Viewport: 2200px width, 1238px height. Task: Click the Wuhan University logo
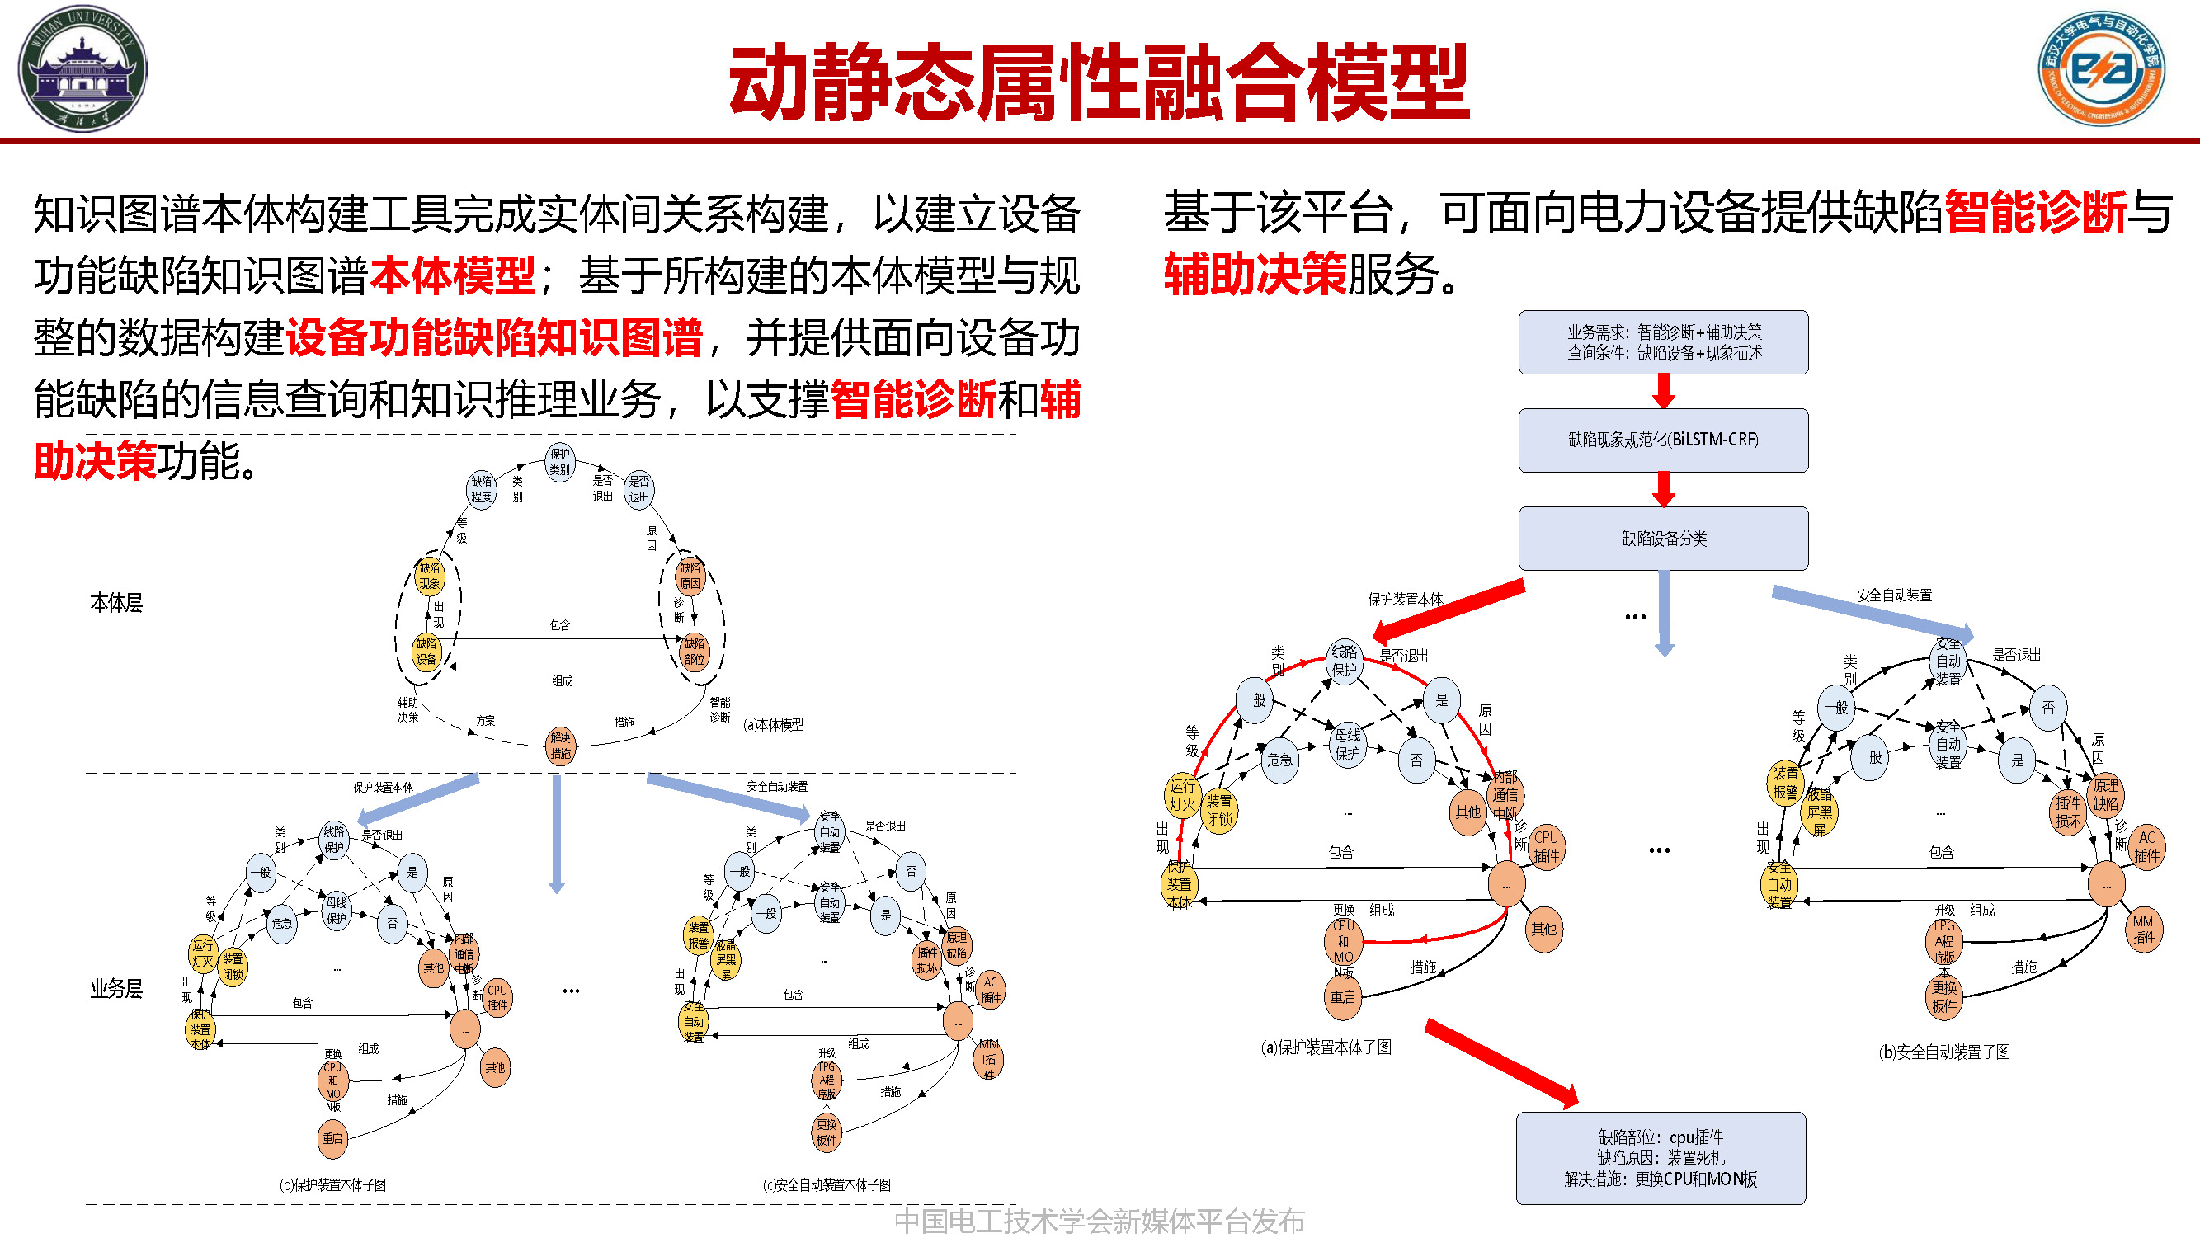(82, 68)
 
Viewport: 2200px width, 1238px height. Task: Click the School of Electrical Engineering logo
(2101, 68)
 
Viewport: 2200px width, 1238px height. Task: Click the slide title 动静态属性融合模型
(1098, 82)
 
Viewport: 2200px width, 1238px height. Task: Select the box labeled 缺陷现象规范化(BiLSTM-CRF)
(1662, 440)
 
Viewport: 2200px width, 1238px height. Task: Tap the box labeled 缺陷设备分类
(1662, 538)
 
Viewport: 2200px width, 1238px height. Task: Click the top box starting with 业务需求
(1662, 341)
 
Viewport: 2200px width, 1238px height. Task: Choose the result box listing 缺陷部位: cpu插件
(1661, 1158)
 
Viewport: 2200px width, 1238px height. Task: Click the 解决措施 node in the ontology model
(560, 746)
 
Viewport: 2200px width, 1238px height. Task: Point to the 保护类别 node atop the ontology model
(559, 462)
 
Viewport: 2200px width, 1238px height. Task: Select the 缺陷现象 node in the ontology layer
(429, 576)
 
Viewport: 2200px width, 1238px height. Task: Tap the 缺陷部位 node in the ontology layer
(694, 652)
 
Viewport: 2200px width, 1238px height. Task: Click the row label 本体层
(116, 603)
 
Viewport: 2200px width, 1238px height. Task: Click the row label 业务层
(116, 989)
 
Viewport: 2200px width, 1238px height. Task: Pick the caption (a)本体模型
(773, 724)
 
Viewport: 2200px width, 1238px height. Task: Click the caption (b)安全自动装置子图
(1943, 1052)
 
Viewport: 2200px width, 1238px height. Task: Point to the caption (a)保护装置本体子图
(1326, 1047)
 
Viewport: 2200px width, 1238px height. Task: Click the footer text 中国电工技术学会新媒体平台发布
(1098, 1221)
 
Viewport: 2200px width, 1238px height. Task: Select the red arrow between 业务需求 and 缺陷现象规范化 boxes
(1663, 391)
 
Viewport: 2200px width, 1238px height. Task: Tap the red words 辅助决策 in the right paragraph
(1254, 274)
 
